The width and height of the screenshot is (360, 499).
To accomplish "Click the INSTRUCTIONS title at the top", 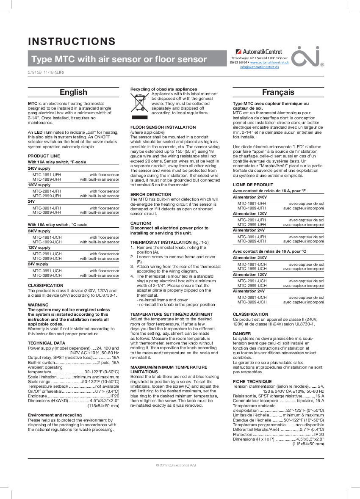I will point(72,41).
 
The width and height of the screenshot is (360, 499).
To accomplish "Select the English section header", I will point(73,92).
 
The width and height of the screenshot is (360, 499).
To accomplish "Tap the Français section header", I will point(278,92).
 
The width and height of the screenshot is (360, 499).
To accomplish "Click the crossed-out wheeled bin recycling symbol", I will point(140,106).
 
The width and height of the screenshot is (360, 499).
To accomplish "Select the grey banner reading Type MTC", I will point(119,59).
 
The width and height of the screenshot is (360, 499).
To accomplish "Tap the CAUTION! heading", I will point(141,223).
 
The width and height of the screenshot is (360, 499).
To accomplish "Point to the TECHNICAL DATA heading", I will point(47,343).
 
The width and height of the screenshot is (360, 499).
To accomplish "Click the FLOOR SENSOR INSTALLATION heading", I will point(163,127).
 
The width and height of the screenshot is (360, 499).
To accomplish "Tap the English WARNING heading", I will point(38,305).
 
